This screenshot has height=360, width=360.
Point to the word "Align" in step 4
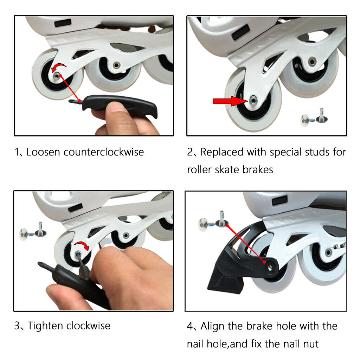pos(213,326)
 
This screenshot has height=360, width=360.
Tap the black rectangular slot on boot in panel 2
pos(240,32)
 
